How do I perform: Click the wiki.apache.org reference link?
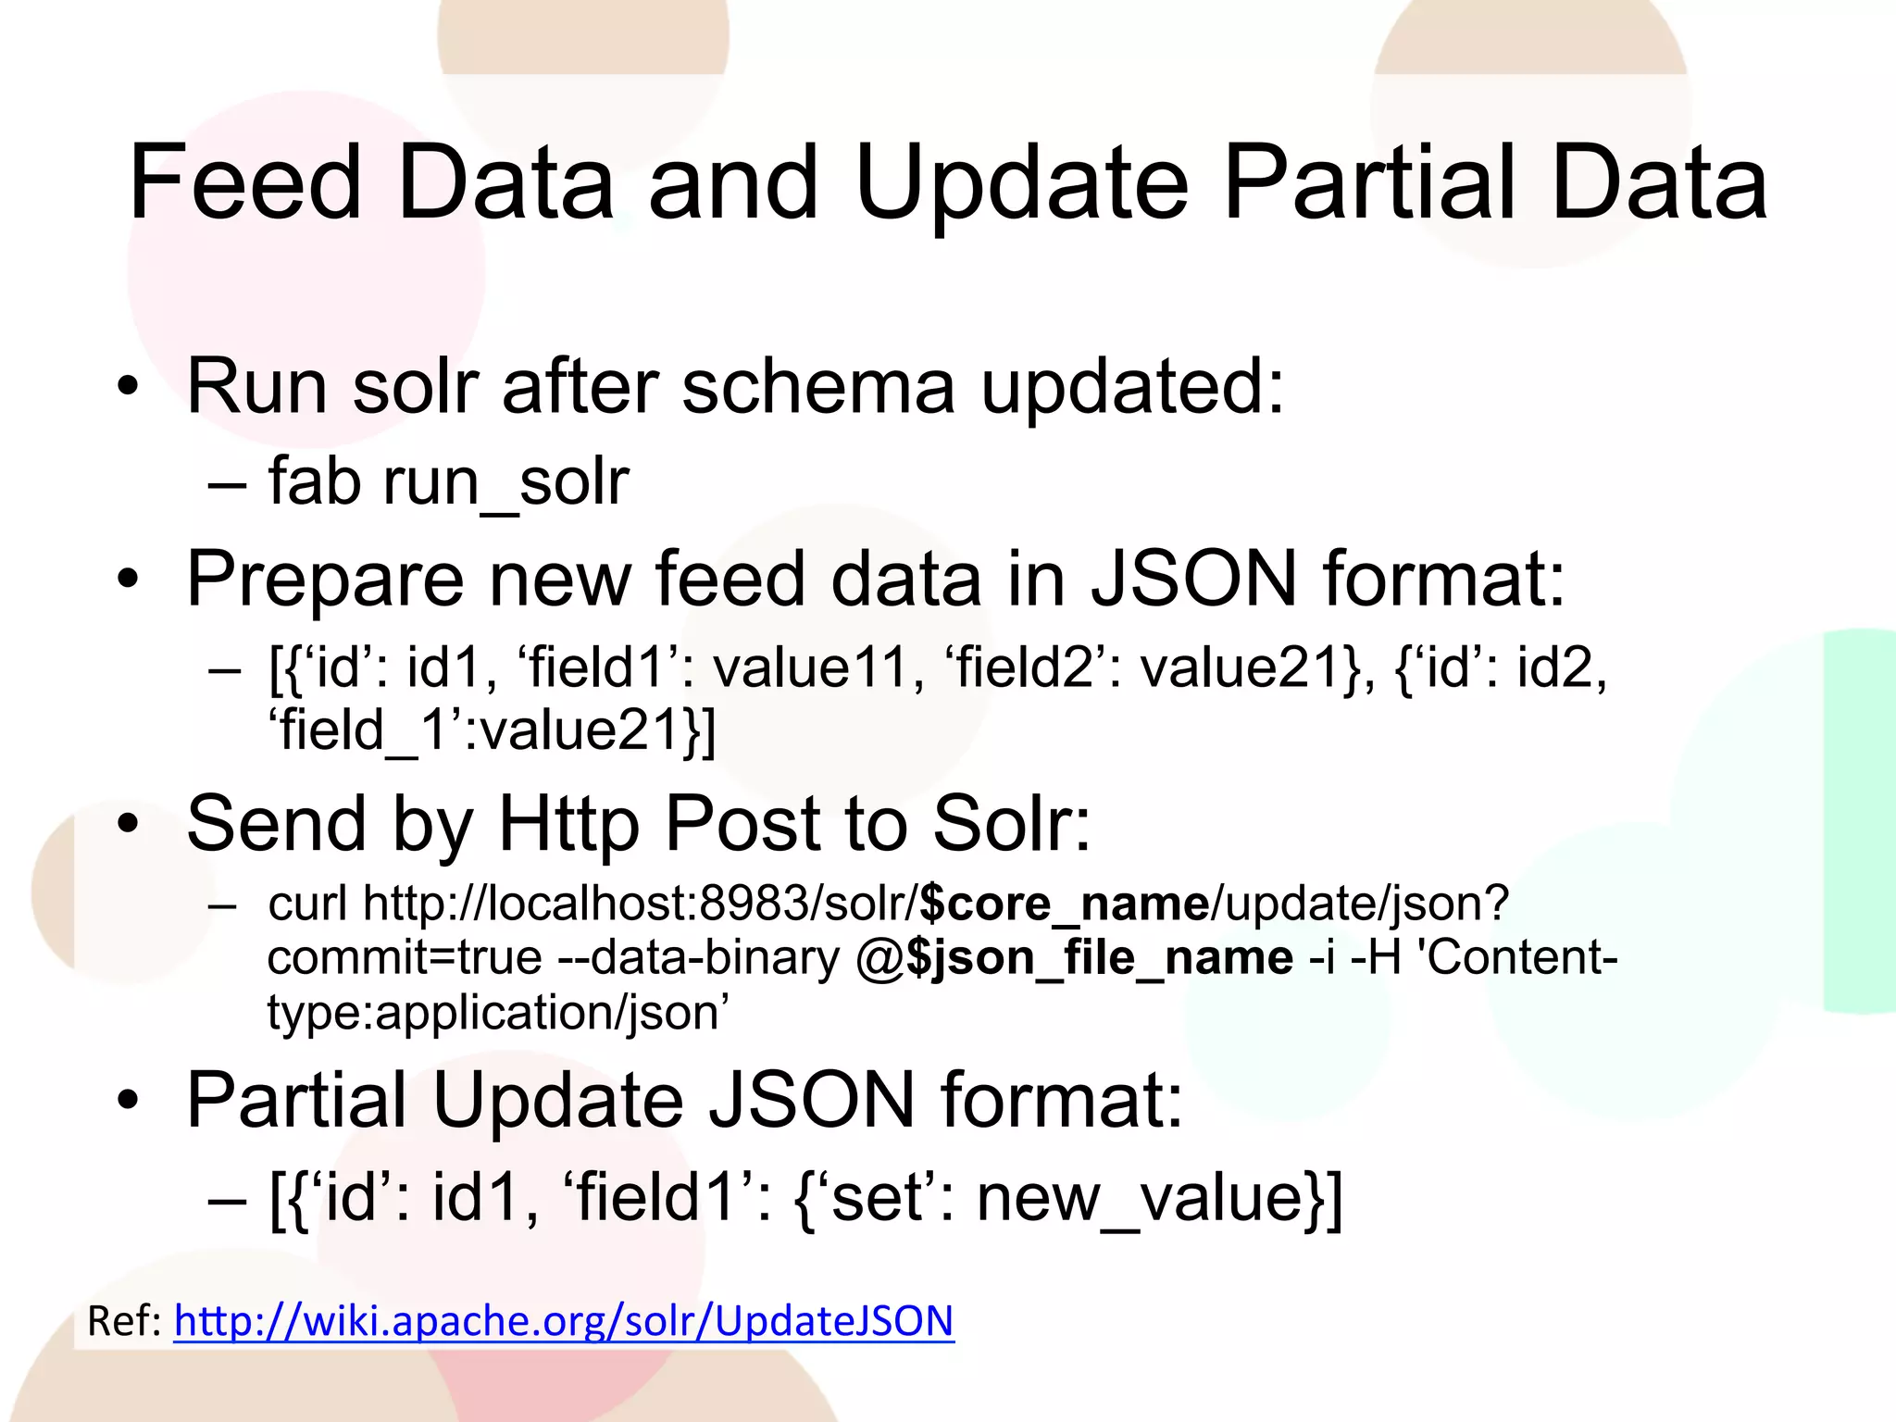(563, 1321)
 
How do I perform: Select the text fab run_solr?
(448, 482)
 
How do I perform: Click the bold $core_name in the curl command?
(1065, 903)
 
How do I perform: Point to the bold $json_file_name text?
(1100, 957)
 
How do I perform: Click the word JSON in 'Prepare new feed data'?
(1194, 580)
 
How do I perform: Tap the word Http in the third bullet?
(568, 824)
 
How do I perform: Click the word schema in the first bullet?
(818, 386)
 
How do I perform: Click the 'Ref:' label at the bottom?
(124, 1321)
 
